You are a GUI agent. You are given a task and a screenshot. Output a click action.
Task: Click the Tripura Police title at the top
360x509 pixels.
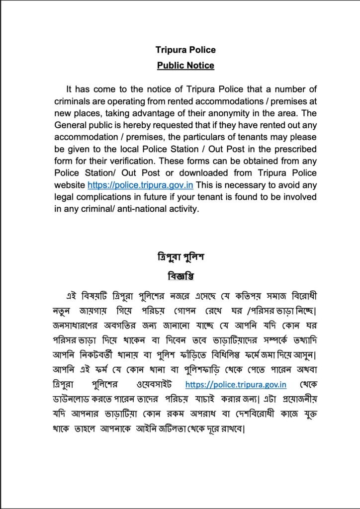(x=185, y=50)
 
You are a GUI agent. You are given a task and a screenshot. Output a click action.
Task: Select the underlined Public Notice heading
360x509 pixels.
(x=185, y=65)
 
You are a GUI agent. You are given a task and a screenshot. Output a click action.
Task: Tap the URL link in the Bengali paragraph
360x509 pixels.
(x=235, y=384)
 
